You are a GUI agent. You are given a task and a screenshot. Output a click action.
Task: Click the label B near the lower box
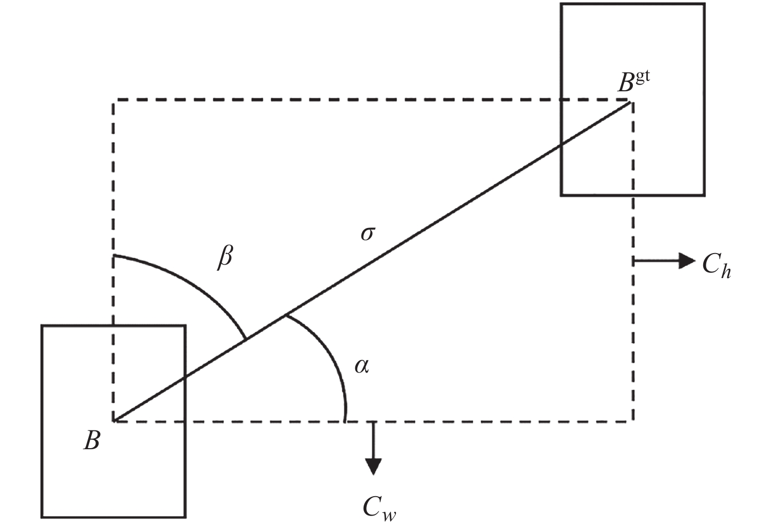(x=92, y=441)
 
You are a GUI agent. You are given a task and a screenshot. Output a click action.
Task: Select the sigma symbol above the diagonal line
(x=367, y=233)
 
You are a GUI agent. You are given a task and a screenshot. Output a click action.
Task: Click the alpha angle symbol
(x=362, y=366)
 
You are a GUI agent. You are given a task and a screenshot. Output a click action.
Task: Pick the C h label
(x=716, y=265)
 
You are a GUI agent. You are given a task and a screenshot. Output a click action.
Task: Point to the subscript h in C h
(x=725, y=271)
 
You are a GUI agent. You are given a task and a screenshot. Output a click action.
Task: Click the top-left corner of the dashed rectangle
(x=114, y=100)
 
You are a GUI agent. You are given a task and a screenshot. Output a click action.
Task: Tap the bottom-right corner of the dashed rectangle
(x=633, y=421)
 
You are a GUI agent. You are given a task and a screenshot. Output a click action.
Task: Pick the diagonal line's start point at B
(x=114, y=420)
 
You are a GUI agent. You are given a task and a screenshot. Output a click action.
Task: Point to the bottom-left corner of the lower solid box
(x=42, y=517)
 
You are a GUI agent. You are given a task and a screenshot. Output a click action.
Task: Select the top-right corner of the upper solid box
(x=705, y=4)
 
